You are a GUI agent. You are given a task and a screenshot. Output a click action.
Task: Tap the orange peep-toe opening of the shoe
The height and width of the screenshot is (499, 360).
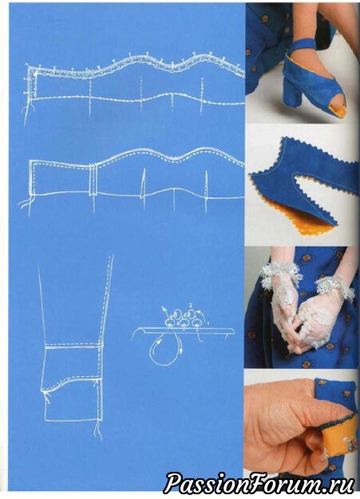(x=340, y=110)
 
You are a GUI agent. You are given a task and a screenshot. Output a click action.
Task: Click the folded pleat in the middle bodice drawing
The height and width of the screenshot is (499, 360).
(x=93, y=179)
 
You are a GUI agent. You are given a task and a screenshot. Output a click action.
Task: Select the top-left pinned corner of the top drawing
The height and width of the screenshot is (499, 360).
(x=30, y=67)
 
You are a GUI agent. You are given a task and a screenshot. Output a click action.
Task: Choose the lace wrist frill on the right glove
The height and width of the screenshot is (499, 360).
(x=334, y=287)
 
